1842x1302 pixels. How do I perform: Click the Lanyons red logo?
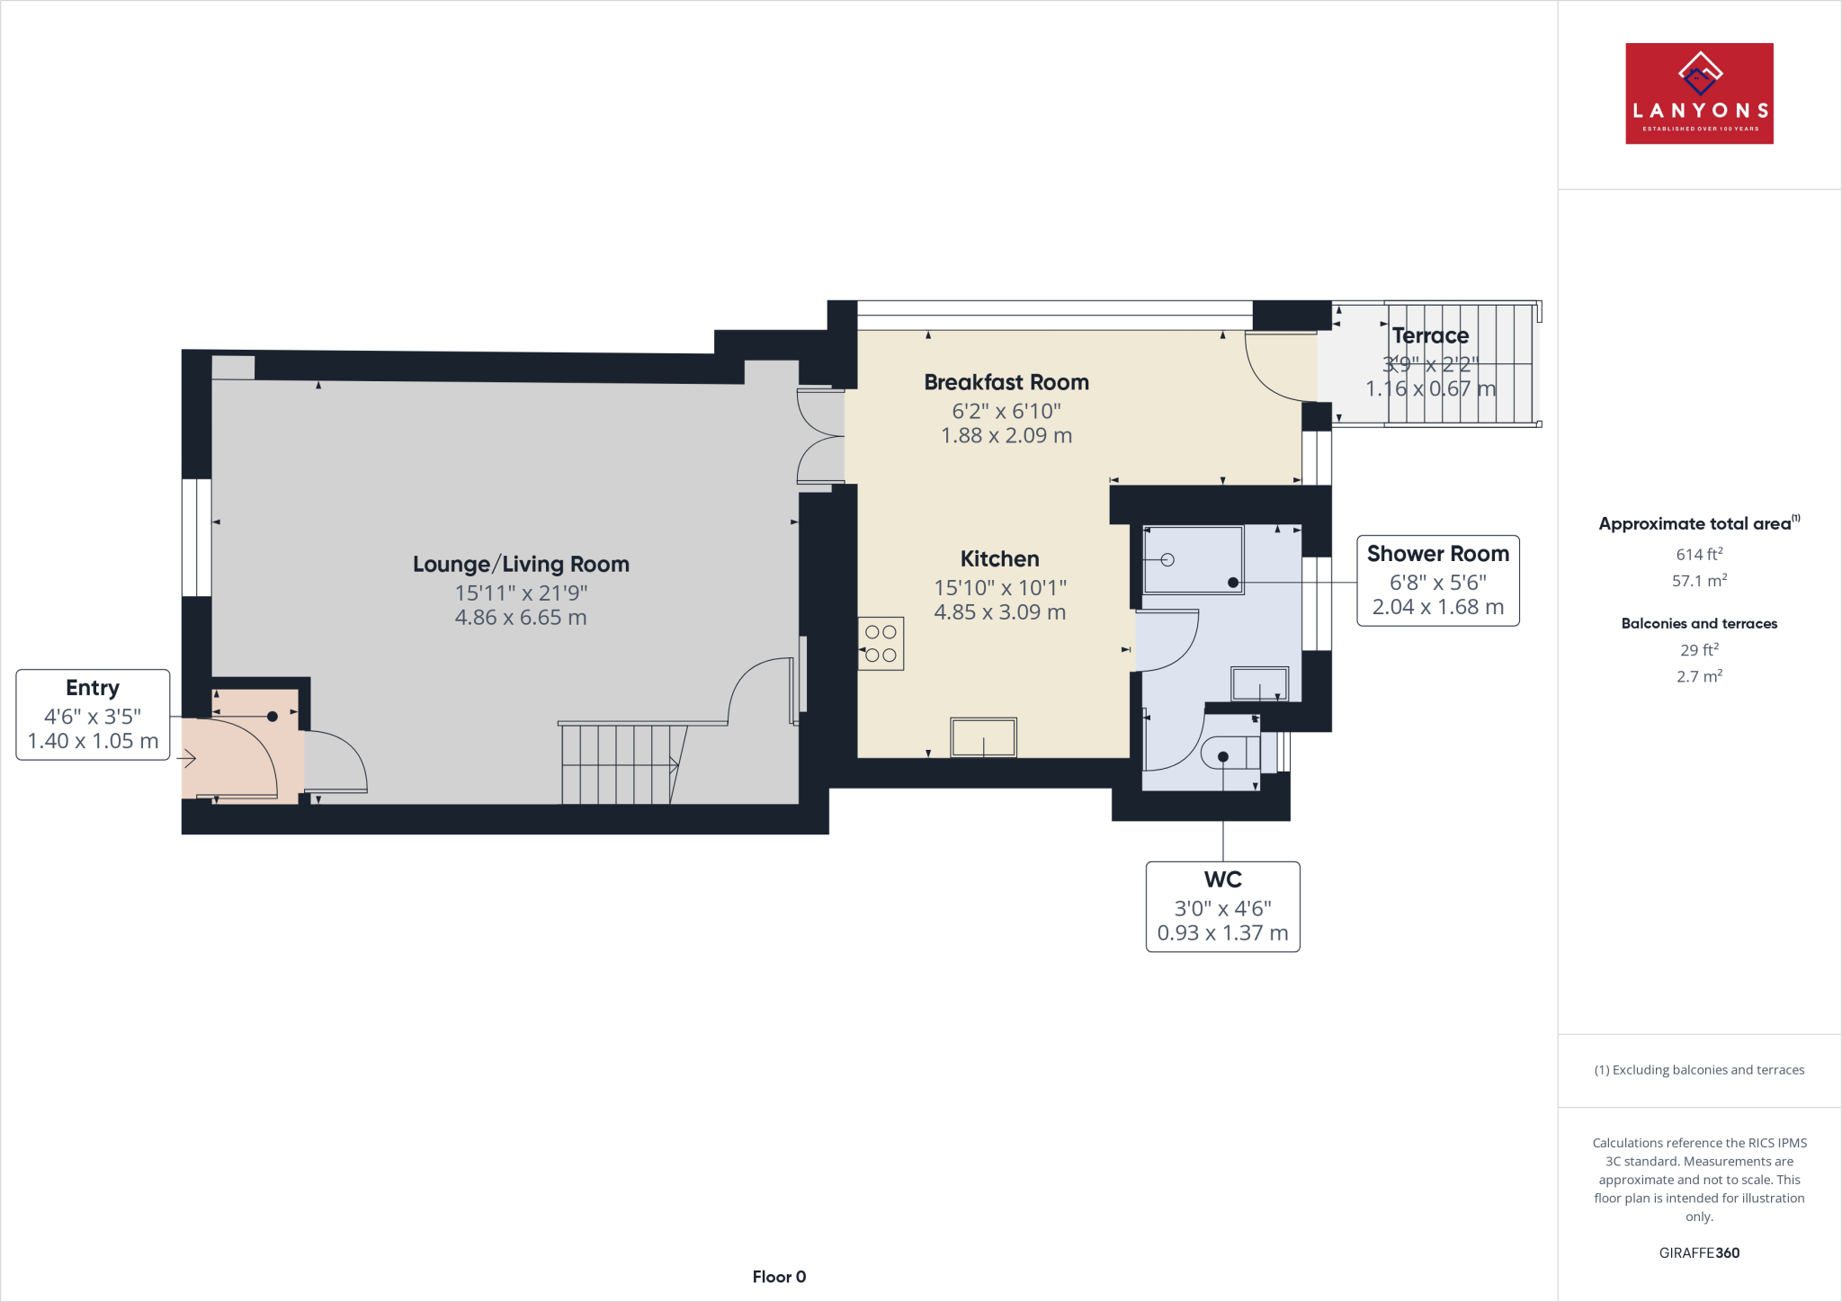pyautogui.click(x=1698, y=94)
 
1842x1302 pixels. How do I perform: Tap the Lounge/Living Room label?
pyautogui.click(x=521, y=565)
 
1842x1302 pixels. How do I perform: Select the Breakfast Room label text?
pyautogui.click(x=1006, y=383)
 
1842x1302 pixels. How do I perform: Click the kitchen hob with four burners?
pyautogui.click(x=881, y=644)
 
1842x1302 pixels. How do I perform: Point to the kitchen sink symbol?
pyautogui.click(x=983, y=737)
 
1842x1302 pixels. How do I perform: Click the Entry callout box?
pyautogui.click(x=93, y=715)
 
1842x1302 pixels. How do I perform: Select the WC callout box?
pyautogui.click(x=1222, y=906)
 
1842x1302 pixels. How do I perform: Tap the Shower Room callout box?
pyautogui.click(x=1437, y=581)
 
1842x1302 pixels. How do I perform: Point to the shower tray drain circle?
pyautogui.click(x=1167, y=560)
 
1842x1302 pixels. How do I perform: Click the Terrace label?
pyautogui.click(x=1430, y=336)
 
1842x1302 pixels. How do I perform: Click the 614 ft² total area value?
pyautogui.click(x=1698, y=555)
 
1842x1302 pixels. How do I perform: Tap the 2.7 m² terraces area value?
pyautogui.click(x=1698, y=676)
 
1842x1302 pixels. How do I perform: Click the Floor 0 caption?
pyautogui.click(x=779, y=1277)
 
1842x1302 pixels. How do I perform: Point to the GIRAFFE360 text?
pyautogui.click(x=1698, y=1253)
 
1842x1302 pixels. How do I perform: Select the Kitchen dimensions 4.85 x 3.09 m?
pyautogui.click(x=999, y=612)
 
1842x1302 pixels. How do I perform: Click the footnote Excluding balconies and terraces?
pyautogui.click(x=1698, y=1070)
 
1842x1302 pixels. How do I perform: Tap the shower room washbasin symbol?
pyautogui.click(x=1259, y=683)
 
